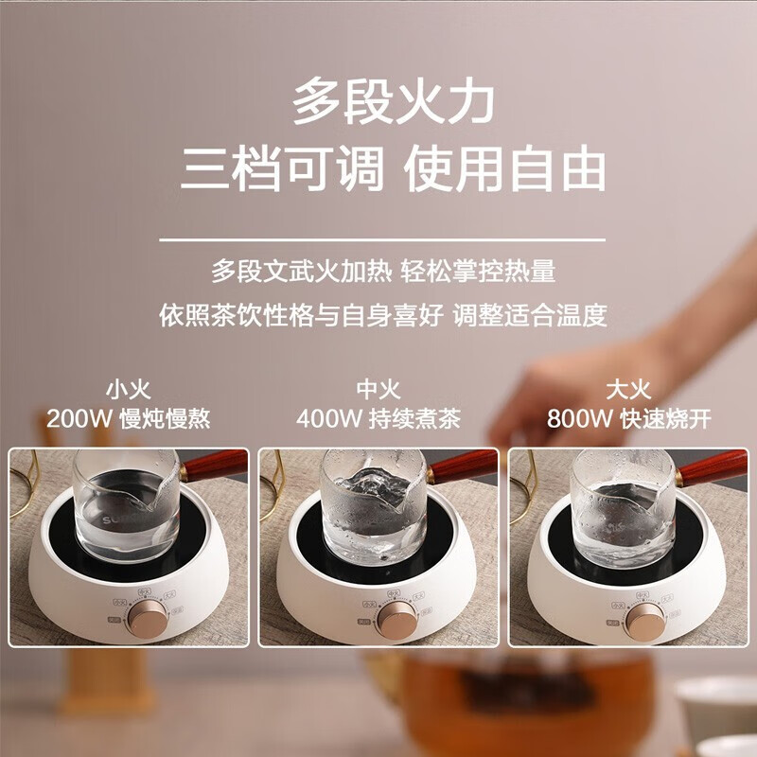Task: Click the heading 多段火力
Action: (393, 100)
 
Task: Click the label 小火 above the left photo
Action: (128, 389)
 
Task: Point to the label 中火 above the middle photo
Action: (378, 389)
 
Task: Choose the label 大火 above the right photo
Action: (628, 389)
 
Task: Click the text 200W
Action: (79, 418)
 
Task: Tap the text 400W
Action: (328, 418)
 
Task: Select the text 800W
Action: (578, 418)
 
